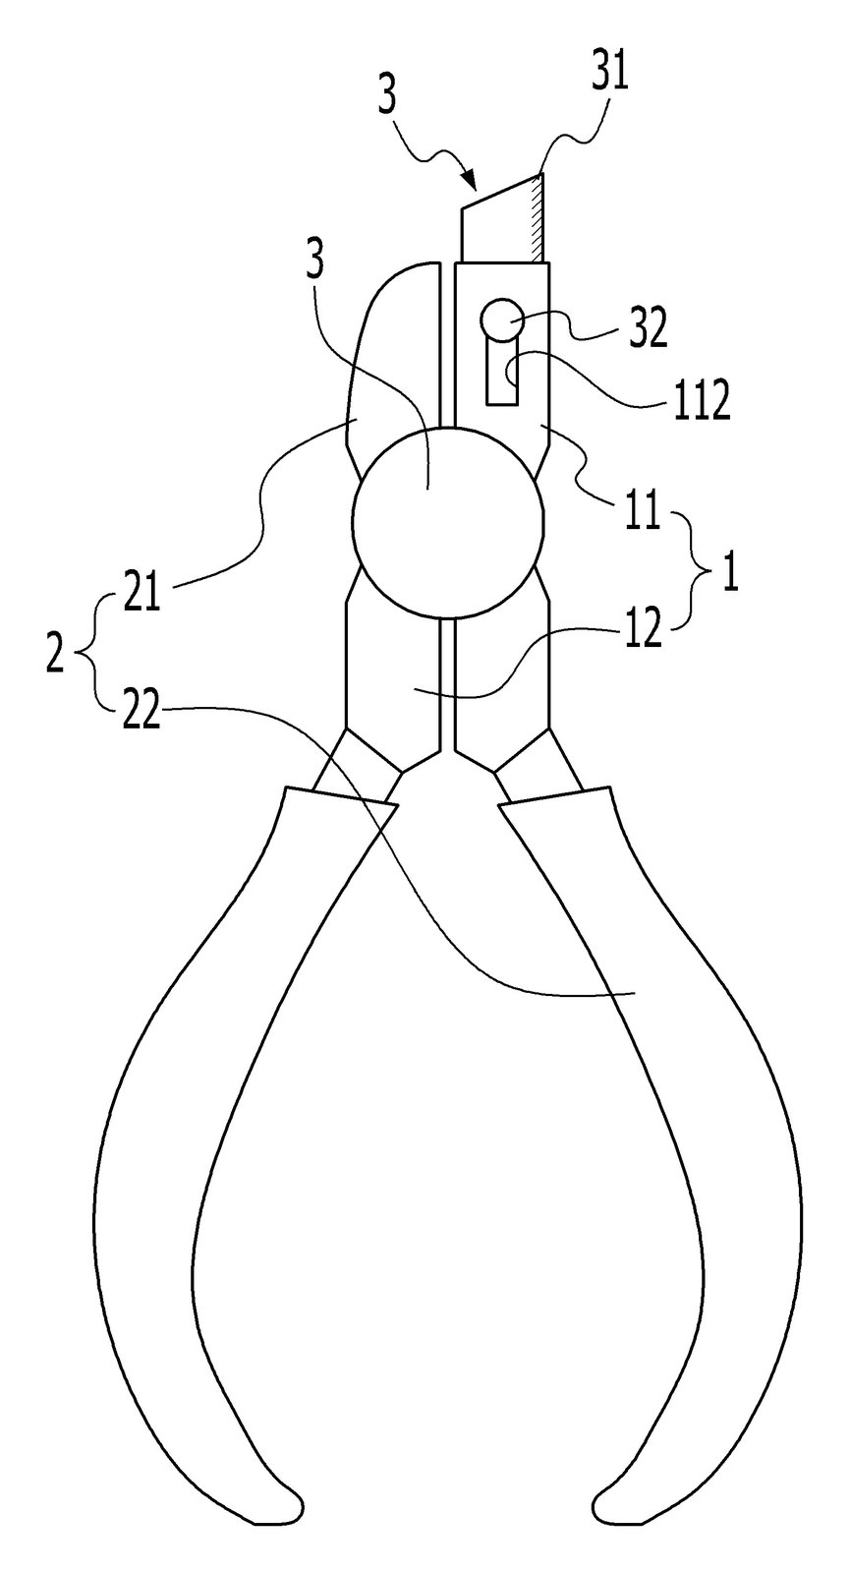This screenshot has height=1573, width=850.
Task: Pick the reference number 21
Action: tap(142, 592)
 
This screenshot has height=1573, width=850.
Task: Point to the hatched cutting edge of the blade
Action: tap(537, 219)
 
